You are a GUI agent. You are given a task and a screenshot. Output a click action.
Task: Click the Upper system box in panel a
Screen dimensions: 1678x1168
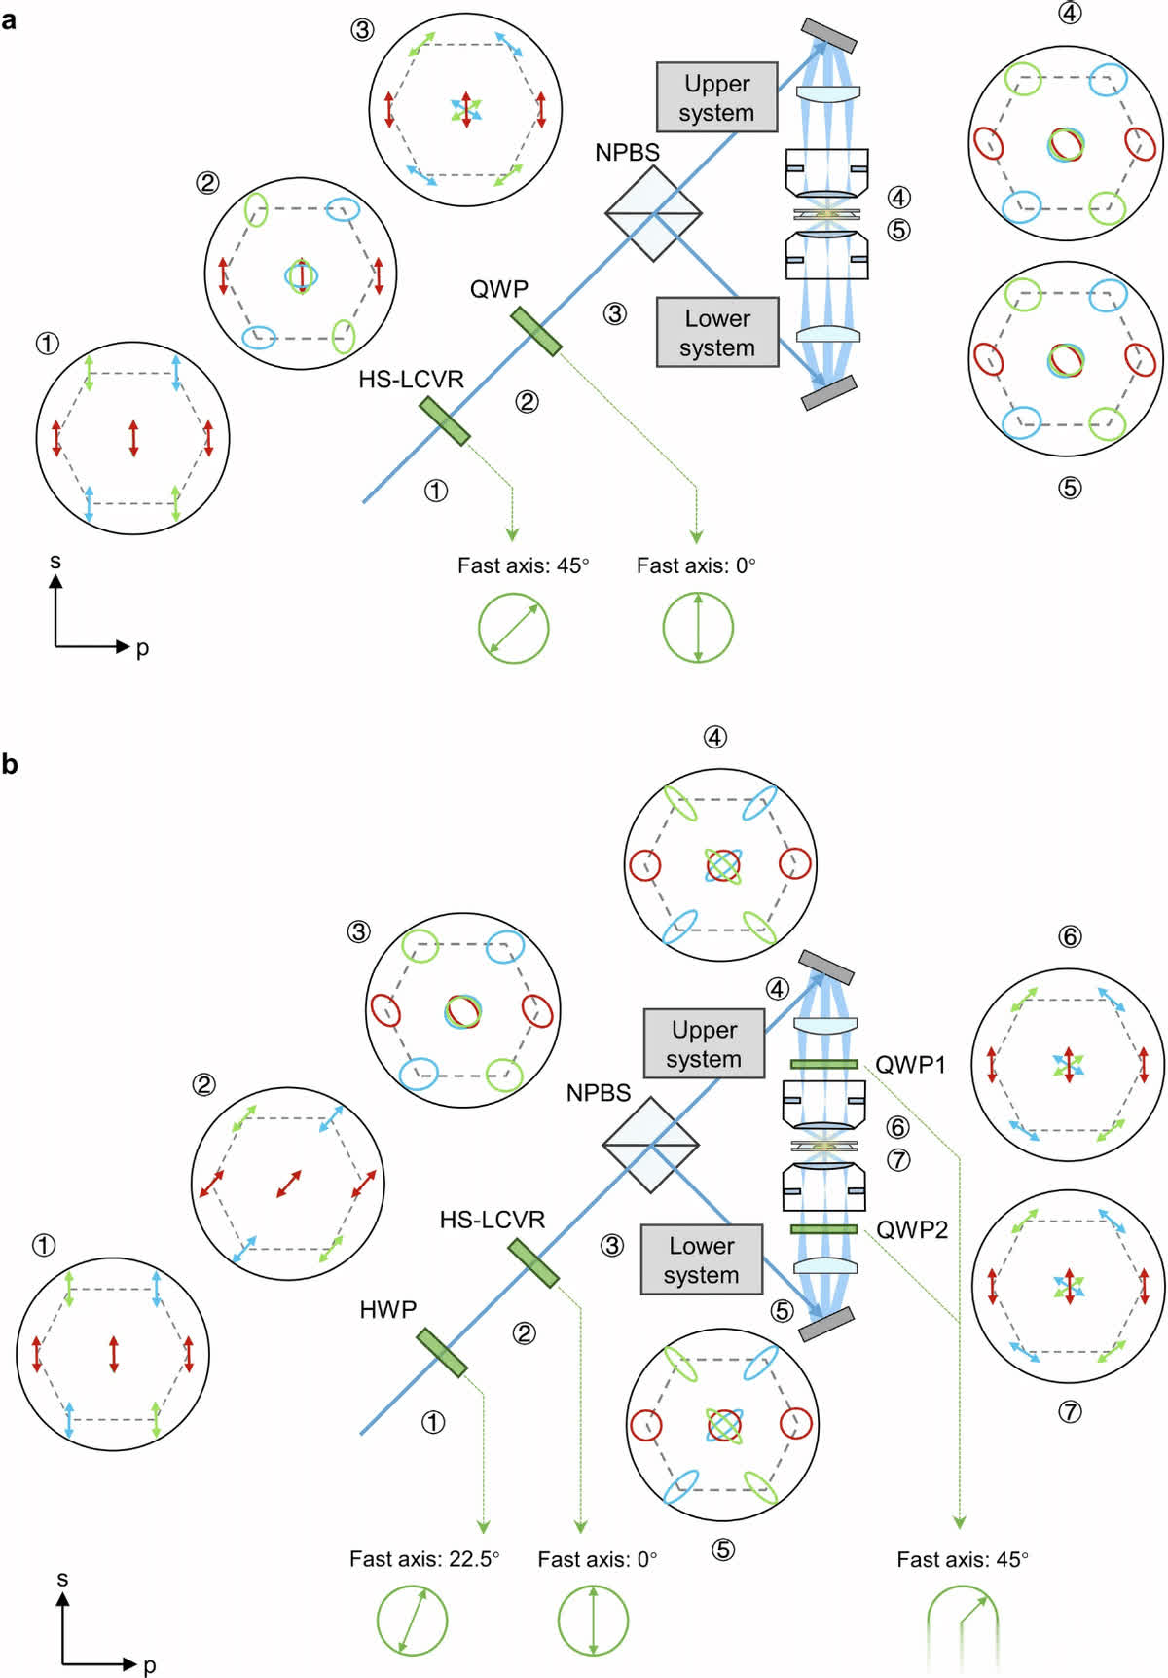(717, 97)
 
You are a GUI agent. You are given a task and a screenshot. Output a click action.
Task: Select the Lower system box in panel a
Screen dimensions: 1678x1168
(717, 332)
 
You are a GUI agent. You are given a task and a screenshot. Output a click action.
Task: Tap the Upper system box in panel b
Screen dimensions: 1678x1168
(704, 1043)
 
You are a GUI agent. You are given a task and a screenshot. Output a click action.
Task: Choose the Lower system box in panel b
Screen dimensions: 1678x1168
(702, 1259)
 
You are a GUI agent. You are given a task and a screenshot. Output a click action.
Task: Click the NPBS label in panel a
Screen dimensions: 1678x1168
(627, 153)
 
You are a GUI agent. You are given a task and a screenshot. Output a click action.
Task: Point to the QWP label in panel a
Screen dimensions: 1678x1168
(498, 289)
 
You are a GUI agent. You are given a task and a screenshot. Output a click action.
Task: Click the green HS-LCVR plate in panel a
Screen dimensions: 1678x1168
(445, 420)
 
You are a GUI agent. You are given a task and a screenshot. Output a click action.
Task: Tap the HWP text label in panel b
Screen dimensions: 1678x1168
(387, 1310)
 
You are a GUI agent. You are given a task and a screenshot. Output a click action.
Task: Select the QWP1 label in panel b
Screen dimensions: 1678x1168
(911, 1065)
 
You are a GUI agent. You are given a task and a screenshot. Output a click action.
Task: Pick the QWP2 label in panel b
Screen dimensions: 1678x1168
(912, 1230)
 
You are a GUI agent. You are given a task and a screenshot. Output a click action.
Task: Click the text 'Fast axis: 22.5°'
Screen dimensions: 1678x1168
(424, 1559)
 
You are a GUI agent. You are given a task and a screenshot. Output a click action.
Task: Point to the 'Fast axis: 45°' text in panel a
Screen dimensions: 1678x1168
(524, 565)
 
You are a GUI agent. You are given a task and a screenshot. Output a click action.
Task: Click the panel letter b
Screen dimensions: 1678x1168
(10, 764)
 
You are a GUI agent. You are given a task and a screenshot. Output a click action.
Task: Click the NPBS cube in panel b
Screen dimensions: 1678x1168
(650, 1145)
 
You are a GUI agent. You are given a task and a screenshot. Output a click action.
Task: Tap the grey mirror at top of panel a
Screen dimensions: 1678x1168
(829, 35)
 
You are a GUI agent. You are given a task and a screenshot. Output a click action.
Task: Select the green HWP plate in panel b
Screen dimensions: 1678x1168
(442, 1353)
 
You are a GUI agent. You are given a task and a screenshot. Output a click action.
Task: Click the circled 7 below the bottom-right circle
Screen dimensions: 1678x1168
(1070, 1411)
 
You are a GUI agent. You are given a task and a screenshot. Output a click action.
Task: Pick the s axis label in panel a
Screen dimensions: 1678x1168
(55, 562)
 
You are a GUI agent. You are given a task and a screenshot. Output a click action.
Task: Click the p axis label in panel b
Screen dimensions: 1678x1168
(149, 1665)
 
